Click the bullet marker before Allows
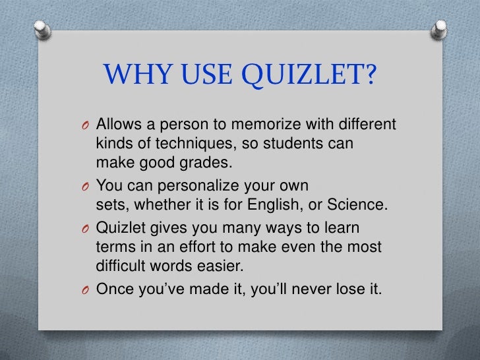[87, 126]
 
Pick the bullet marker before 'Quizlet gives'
[87, 229]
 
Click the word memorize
[256, 125]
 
